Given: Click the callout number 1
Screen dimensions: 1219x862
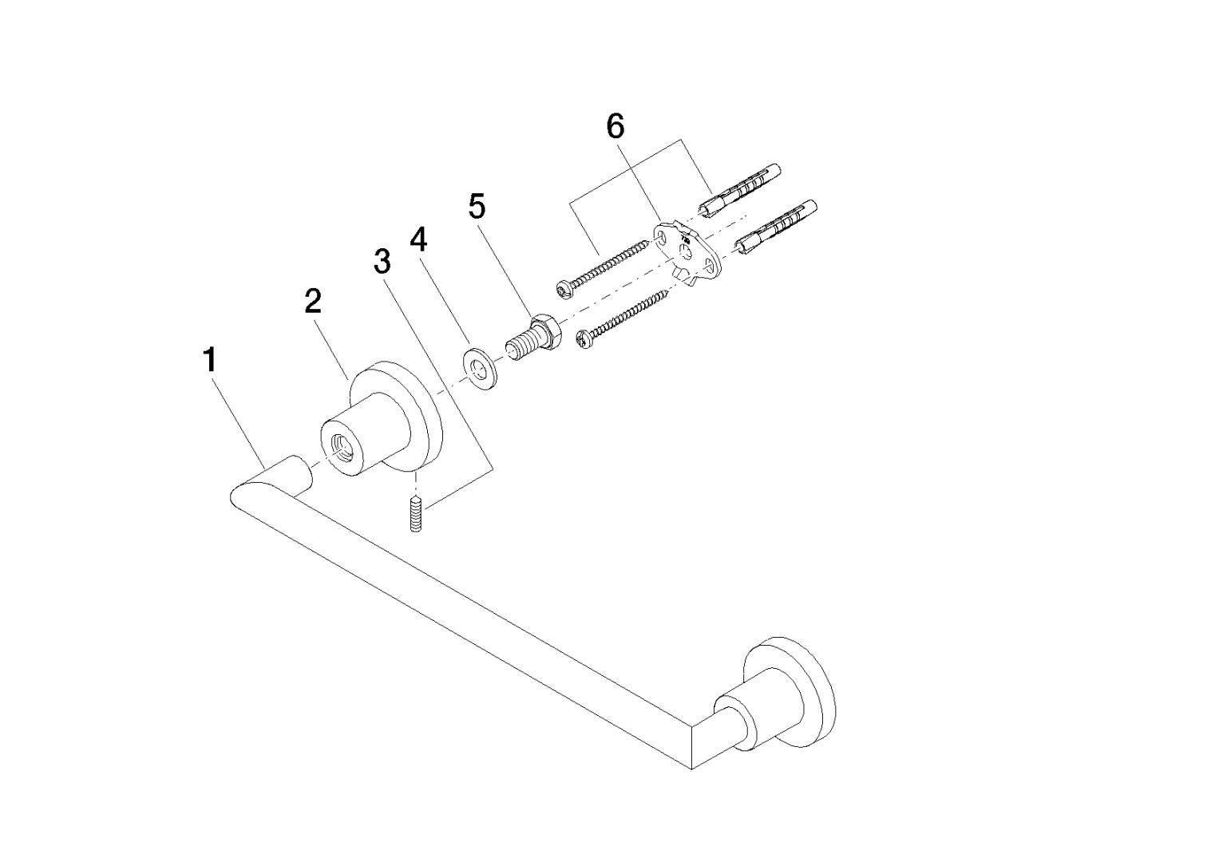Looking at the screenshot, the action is (210, 360).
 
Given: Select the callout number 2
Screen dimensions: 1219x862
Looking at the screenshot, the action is (313, 301).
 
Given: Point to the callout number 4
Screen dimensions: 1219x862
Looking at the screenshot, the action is (418, 240).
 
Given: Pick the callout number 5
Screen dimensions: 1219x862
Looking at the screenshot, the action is (477, 206).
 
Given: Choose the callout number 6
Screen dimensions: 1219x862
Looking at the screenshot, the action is (615, 127).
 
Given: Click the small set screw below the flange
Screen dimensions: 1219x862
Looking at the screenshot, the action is (416, 514).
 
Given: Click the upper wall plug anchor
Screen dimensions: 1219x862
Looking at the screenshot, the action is (739, 191).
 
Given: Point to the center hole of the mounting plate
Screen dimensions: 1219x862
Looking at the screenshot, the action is (685, 252).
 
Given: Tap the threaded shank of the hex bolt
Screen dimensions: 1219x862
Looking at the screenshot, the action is (520, 347).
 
